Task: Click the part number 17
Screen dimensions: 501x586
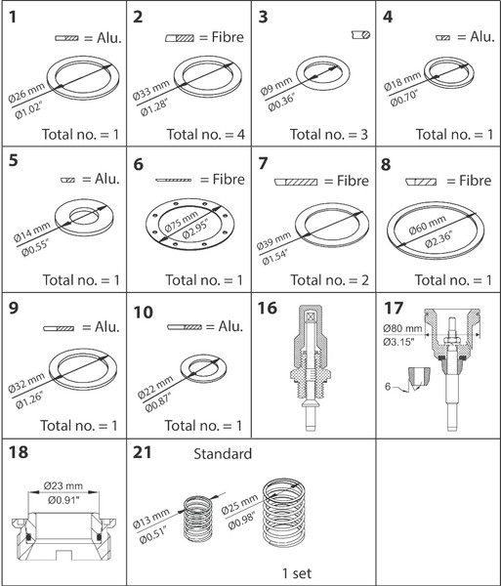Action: tap(395, 308)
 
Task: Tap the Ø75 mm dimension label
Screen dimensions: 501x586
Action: tap(182, 222)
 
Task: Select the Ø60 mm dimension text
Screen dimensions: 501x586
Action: tap(428, 225)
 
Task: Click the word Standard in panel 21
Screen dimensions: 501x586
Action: tap(223, 454)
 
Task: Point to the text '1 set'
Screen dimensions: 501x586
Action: tap(297, 573)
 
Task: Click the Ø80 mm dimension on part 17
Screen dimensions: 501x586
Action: tap(402, 328)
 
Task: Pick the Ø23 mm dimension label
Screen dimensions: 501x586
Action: tap(63, 485)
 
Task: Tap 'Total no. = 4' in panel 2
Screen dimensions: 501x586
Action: tap(205, 134)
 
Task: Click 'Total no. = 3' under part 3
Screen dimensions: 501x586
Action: tap(329, 134)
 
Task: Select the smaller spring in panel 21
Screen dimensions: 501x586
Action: tap(198, 519)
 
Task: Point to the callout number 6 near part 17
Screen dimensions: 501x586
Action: tap(388, 386)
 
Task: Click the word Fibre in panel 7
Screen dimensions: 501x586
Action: tap(353, 181)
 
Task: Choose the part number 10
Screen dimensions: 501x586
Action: tap(144, 313)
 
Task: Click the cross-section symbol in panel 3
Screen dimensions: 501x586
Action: tap(361, 35)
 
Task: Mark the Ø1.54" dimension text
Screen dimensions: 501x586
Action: tap(274, 257)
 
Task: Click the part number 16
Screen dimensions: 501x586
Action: tap(268, 308)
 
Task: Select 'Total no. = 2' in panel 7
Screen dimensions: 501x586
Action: tap(329, 280)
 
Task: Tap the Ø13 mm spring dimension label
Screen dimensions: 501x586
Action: tap(151, 519)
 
